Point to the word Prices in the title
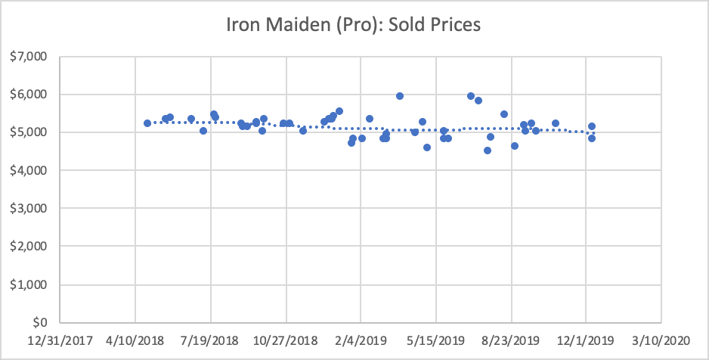[x=456, y=24]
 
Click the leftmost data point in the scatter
[x=147, y=123]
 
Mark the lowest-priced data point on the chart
[x=488, y=151]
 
